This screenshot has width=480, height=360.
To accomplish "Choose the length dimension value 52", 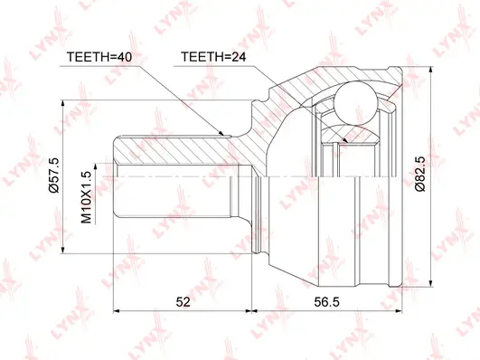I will (x=183, y=303).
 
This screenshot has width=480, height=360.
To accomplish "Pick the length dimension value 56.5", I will (x=327, y=303).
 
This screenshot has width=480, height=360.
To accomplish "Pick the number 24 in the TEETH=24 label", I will (x=240, y=57).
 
